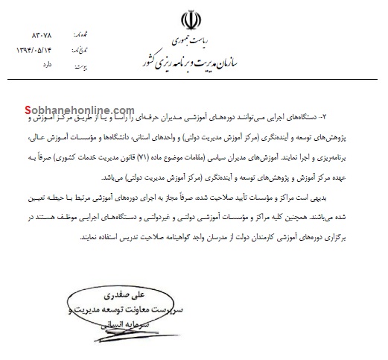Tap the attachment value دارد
[x=45, y=66]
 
